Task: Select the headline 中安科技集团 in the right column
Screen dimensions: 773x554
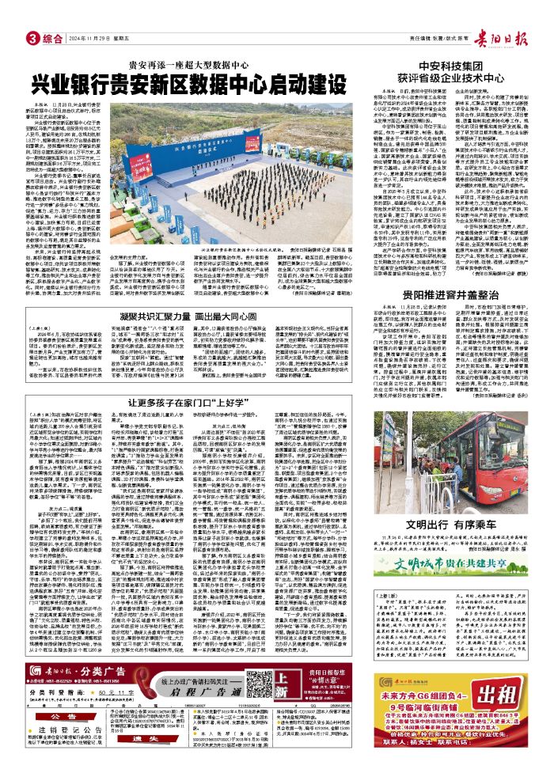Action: tap(469, 66)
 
